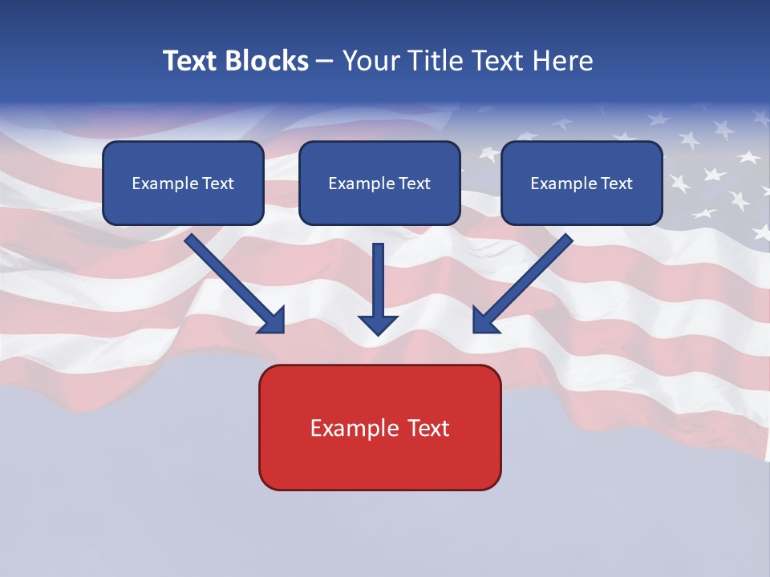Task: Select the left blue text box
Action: [x=183, y=184]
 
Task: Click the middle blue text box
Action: [x=379, y=184]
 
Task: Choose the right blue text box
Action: [x=582, y=184]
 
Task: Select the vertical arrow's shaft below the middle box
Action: [x=378, y=276]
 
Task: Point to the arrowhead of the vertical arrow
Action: [x=378, y=325]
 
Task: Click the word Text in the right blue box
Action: [x=616, y=184]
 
